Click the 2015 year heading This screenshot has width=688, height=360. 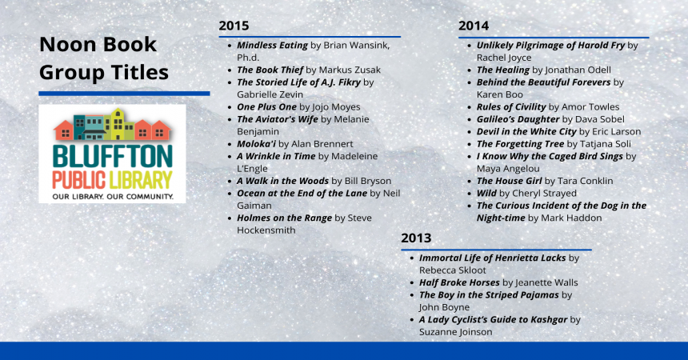point(234,26)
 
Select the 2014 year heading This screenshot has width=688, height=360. point(474,26)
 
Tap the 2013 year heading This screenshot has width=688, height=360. point(416,238)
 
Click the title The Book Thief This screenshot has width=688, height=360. point(270,70)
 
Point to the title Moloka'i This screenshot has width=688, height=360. point(256,143)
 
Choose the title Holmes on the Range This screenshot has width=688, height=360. point(284,218)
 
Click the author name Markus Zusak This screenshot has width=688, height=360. point(350,70)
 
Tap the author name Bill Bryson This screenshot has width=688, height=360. point(368,181)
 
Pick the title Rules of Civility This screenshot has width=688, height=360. point(511,106)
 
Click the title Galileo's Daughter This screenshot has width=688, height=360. point(518,119)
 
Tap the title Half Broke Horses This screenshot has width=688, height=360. point(459,282)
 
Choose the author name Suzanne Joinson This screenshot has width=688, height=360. point(455,332)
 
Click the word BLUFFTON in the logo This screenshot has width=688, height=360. point(112,157)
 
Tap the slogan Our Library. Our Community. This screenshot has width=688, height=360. point(113,196)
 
